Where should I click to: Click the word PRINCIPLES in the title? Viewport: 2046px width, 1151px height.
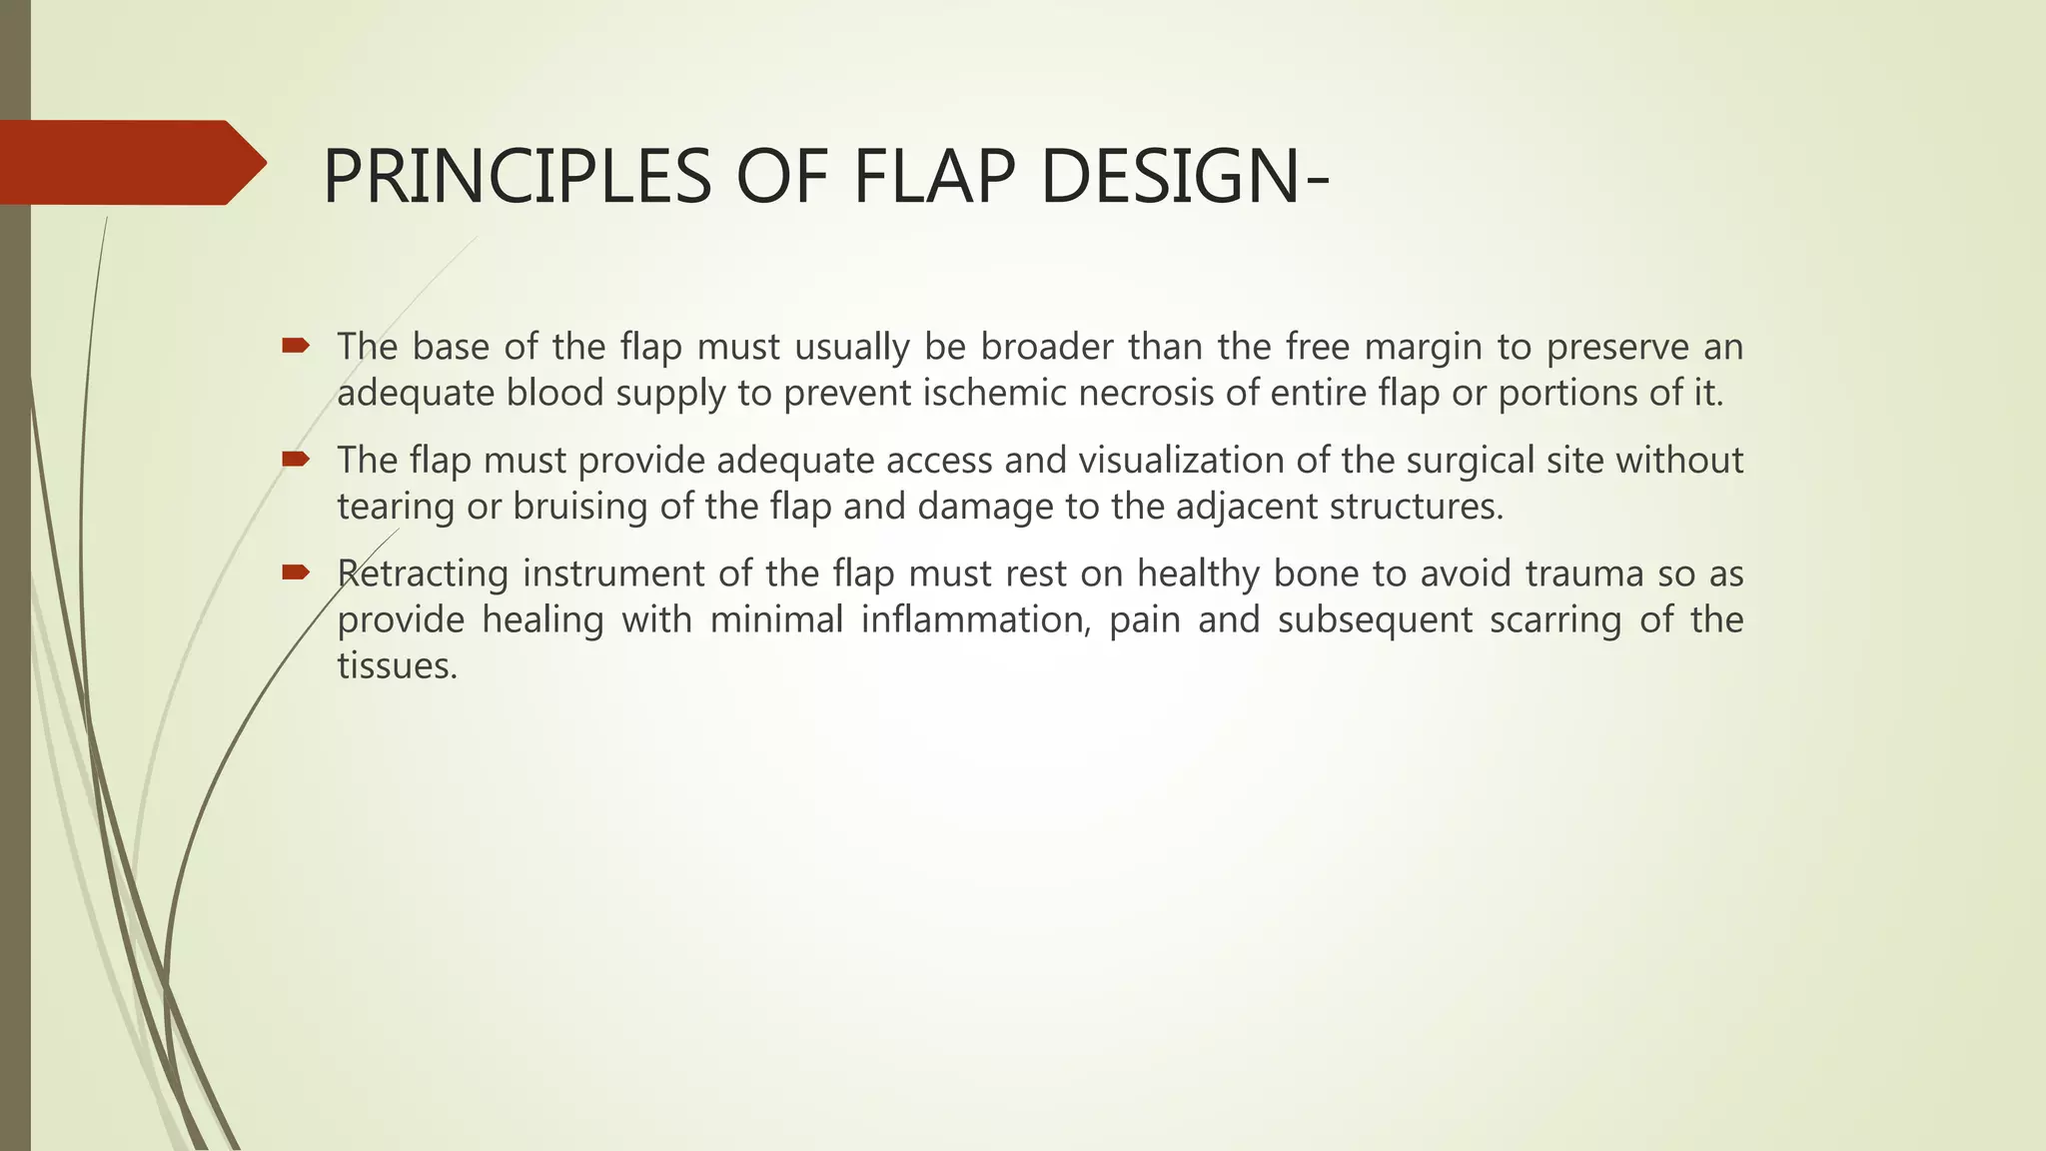(x=515, y=176)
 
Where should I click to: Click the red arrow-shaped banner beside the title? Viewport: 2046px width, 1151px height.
(x=130, y=162)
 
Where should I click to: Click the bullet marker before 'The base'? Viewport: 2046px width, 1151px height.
(x=296, y=347)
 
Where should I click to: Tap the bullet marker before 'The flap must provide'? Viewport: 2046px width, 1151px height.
(x=296, y=460)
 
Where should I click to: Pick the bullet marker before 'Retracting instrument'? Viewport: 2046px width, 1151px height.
(x=296, y=573)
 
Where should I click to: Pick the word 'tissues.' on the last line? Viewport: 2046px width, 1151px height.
(x=397, y=665)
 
